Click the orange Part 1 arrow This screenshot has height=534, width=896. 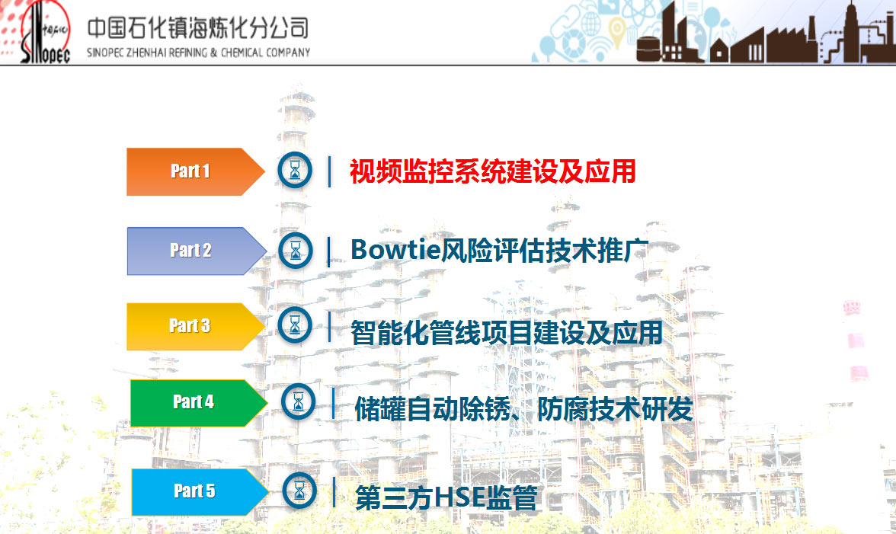coord(195,171)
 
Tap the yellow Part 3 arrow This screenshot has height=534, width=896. coord(195,326)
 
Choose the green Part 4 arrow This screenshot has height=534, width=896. coord(198,403)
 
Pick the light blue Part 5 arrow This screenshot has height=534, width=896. coord(200,492)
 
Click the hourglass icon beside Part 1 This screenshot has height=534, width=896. coord(295,170)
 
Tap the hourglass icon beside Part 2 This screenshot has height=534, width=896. coord(296,251)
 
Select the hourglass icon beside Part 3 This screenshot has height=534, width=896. coord(295,325)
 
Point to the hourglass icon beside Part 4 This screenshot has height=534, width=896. coord(299,401)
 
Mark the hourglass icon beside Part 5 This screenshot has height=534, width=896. coord(299,491)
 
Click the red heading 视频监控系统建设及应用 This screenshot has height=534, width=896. coord(492,172)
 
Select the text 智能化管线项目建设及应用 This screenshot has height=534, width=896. coord(506,333)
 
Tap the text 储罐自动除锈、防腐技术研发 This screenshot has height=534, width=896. coord(523,409)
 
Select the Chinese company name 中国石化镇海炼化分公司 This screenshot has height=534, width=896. coord(198,28)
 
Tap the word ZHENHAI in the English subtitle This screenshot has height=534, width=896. coord(146,53)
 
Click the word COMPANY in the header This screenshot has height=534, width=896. coord(288,53)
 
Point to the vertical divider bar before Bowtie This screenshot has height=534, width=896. coord(328,252)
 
